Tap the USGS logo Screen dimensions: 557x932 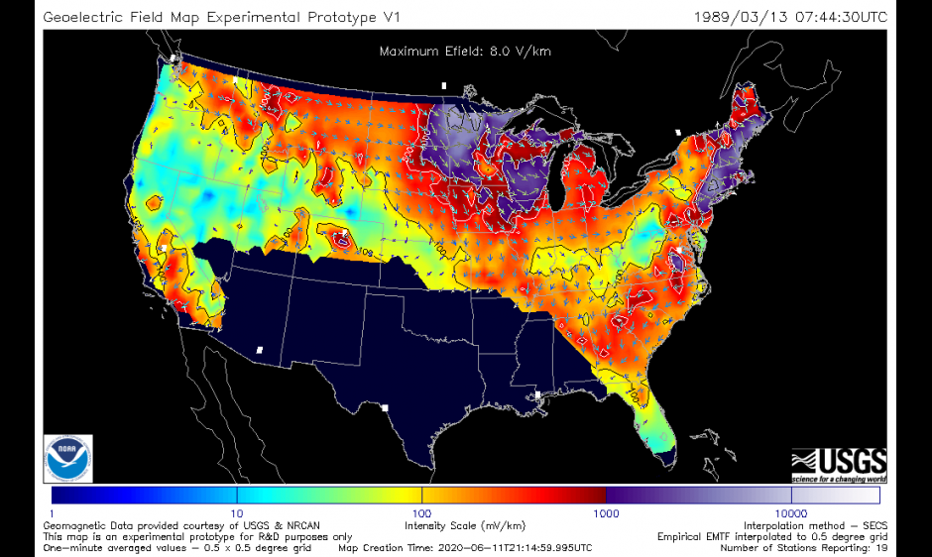838,462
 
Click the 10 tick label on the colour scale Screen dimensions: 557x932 236,513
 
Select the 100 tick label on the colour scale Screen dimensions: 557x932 421,513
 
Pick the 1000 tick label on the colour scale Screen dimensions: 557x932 606,513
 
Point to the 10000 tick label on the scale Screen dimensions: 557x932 791,513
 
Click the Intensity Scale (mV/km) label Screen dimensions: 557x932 465,525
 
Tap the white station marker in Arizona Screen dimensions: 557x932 260,350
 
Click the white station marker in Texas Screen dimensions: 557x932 385,407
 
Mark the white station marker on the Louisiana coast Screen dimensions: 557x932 537,395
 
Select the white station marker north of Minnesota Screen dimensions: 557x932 444,86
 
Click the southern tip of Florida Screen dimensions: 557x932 666,458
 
